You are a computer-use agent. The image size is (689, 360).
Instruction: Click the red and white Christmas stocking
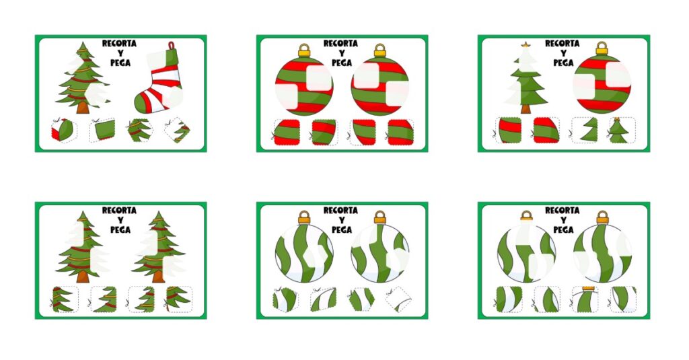click(159, 81)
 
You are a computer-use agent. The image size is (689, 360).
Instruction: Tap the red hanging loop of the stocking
click(171, 46)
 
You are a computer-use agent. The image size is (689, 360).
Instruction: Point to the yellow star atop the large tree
click(525, 44)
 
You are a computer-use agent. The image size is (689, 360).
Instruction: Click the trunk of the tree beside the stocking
click(83, 108)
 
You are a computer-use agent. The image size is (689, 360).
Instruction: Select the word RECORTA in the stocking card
click(119, 44)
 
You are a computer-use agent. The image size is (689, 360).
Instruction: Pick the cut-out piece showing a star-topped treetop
click(618, 131)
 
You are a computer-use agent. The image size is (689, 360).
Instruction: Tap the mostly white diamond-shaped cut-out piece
click(398, 299)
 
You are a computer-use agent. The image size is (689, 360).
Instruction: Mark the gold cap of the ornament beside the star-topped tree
click(602, 48)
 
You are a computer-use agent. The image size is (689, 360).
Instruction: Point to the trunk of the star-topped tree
click(525, 108)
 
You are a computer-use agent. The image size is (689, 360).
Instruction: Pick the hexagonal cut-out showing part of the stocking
click(64, 131)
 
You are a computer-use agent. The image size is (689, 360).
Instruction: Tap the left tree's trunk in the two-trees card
click(83, 277)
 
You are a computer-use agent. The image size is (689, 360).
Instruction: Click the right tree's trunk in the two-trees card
click(158, 277)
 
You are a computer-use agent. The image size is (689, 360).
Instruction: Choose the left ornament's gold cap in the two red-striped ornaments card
click(304, 50)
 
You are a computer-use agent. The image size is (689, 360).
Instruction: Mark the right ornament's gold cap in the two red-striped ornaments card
click(380, 50)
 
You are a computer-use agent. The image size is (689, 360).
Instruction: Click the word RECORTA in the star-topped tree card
click(562, 44)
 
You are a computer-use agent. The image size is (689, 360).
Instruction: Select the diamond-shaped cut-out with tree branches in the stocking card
click(178, 131)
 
